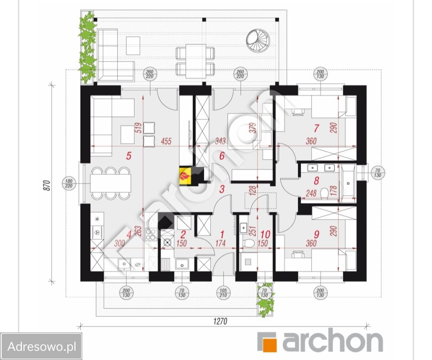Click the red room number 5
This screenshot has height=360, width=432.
click(x=129, y=156)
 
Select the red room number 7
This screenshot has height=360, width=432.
click(x=316, y=128)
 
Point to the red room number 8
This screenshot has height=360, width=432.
click(x=316, y=181)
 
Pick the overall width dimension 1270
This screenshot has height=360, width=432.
click(x=220, y=321)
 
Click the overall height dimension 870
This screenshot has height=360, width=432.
click(x=47, y=186)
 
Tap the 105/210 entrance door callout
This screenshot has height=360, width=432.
click(x=223, y=293)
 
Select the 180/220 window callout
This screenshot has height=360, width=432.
click(x=69, y=184)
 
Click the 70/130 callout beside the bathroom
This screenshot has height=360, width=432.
click(x=378, y=173)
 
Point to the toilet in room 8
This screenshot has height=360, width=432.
click(x=324, y=193)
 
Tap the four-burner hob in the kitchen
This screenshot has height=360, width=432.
click(x=151, y=234)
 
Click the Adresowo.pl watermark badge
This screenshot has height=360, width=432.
click(x=41, y=346)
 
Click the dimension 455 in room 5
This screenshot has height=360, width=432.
click(x=166, y=141)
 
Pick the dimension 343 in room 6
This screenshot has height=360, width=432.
click(x=220, y=141)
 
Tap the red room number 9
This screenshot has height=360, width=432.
click(x=316, y=234)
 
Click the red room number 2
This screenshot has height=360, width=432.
click(x=183, y=235)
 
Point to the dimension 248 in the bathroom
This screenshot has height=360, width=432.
click(x=311, y=193)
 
